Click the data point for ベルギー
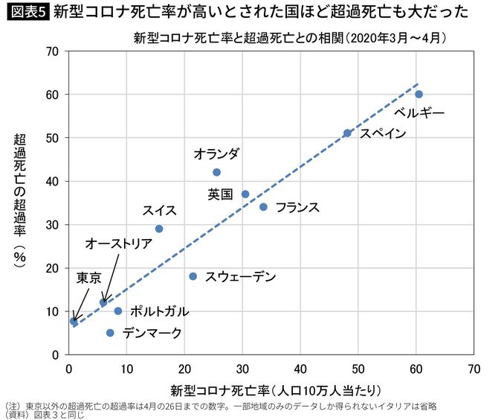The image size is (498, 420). point(418,94)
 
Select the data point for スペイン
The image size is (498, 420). point(347,133)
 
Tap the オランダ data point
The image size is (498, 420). point(216,172)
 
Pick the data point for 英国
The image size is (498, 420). point(245,194)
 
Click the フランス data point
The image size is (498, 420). point(263,207)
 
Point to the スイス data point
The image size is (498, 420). point(159,229)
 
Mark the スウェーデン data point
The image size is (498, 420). point(193,276)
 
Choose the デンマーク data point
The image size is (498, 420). point(110,333)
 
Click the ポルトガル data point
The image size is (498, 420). point(117,311)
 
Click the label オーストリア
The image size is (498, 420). point(118,244)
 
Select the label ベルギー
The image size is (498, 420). point(419,113)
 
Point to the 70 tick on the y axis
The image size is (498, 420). point(53,51)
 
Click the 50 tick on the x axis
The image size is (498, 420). point(358,367)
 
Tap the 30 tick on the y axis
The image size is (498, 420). point(53,225)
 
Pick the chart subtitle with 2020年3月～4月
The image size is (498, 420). point(290,36)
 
